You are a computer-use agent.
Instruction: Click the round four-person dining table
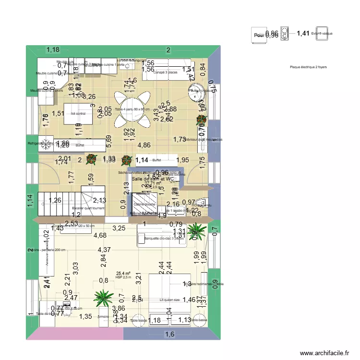pos(132,110)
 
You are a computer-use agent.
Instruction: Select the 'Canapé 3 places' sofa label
pos(166,72)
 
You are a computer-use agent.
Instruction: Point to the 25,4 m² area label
pos(123,273)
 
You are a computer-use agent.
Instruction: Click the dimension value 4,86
pos(144,145)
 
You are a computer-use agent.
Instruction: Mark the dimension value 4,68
pos(100,235)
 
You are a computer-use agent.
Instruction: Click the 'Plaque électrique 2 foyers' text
pos(308,67)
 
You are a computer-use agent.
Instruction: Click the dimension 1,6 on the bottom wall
pos(170,335)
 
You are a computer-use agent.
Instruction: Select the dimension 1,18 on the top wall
pos(53,49)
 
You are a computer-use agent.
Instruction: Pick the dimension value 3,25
pos(119,228)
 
